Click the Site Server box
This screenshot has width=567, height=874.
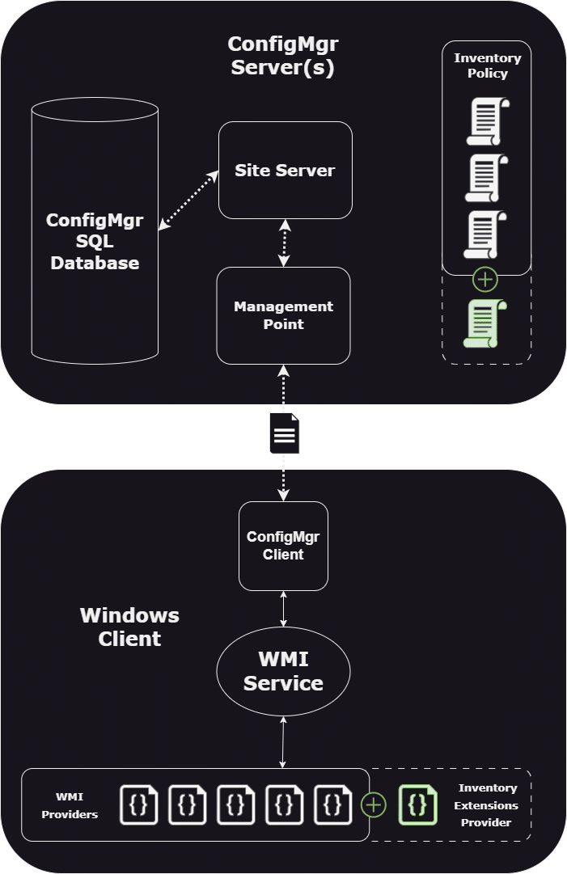click(285, 170)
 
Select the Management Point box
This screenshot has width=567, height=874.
click(283, 315)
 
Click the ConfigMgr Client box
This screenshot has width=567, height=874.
click(283, 546)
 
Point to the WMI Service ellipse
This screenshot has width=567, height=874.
click(283, 672)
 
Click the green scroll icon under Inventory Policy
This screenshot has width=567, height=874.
click(485, 323)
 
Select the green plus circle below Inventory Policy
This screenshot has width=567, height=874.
click(485, 281)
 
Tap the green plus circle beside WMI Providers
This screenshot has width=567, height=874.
click(373, 805)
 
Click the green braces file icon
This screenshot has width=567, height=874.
click(417, 805)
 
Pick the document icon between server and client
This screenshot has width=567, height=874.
click(284, 433)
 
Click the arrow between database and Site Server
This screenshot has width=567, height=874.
click(189, 201)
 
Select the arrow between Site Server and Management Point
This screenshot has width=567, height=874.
click(283, 243)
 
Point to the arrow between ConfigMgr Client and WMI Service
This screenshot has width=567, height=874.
click(283, 608)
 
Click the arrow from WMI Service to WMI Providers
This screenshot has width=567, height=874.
click(283, 741)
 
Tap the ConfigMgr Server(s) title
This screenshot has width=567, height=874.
click(282, 57)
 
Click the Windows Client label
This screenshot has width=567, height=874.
click(129, 627)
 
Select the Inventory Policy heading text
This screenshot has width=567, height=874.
click(487, 65)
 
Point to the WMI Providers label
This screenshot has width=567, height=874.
click(70, 805)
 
